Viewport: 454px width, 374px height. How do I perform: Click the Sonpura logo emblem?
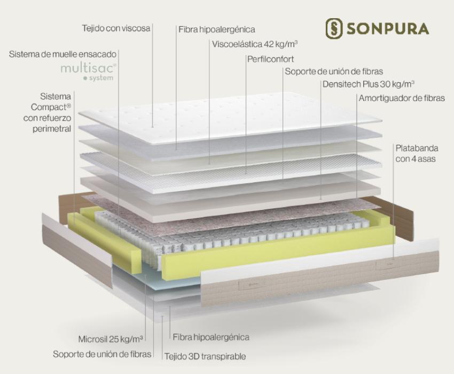click(334, 28)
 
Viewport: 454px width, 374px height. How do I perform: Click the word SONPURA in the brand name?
click(388, 29)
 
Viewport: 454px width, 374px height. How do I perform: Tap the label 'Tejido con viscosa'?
click(116, 28)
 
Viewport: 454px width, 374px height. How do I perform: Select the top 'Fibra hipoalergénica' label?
click(216, 29)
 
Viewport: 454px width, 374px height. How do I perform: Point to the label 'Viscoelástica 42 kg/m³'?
click(255, 44)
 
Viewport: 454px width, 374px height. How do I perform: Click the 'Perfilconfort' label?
click(270, 59)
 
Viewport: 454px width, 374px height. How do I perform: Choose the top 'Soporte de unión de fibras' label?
click(334, 71)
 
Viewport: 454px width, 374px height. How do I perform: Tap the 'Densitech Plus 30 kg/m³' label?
click(369, 84)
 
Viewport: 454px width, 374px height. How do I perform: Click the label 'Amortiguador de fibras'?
click(402, 98)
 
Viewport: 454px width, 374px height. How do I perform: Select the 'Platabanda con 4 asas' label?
click(417, 153)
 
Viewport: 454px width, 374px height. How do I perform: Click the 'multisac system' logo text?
click(89, 71)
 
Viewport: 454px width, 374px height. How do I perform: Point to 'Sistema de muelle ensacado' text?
click(63, 54)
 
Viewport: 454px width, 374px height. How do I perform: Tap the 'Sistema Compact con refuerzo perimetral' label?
click(48, 112)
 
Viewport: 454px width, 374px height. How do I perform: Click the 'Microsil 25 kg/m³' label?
click(111, 339)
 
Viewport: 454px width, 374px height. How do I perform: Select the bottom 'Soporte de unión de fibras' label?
click(102, 354)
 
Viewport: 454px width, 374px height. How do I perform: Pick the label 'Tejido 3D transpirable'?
click(205, 356)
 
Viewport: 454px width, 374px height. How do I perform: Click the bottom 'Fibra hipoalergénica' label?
click(211, 337)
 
